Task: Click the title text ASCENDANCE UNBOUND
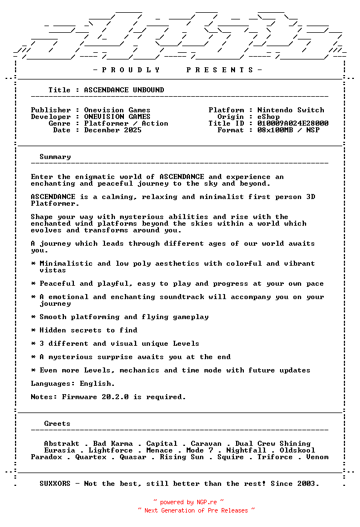click(124, 90)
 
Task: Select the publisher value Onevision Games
click(117, 110)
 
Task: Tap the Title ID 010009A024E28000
click(293, 123)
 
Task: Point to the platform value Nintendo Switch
click(291, 110)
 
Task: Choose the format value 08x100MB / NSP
click(288, 130)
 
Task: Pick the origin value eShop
click(268, 117)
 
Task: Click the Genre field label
click(59, 123)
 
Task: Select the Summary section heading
click(55, 157)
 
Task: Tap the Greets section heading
click(57, 424)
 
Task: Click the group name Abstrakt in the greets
click(62, 444)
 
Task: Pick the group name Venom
click(317, 457)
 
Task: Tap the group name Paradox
click(46, 457)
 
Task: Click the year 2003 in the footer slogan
click(308, 484)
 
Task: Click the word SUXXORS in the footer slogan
click(55, 484)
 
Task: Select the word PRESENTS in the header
click(220, 70)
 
